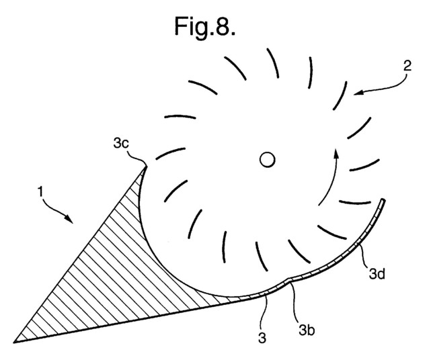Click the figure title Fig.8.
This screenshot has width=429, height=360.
[x=205, y=27]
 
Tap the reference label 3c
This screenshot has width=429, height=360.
[x=120, y=143]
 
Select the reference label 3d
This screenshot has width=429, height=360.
[x=377, y=273]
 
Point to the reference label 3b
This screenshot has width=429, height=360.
[x=307, y=330]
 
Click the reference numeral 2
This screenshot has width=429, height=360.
[x=407, y=66]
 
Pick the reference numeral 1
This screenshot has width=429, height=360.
[x=40, y=191]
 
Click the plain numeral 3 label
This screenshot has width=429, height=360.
[x=262, y=338]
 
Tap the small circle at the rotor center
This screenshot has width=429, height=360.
[x=267, y=160]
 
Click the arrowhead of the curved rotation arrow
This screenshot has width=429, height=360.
[x=336, y=154]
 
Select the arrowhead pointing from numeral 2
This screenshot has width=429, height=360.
[x=358, y=93]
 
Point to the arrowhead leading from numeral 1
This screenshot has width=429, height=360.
[x=69, y=218]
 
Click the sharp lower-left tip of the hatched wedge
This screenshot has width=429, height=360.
[x=13, y=342]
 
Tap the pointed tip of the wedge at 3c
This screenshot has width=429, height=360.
[x=147, y=166]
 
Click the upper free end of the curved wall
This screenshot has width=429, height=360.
[x=383, y=200]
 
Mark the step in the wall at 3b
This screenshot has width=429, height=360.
[x=288, y=279]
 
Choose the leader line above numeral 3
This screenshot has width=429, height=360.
[x=264, y=314]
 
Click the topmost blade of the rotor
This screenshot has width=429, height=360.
[x=273, y=63]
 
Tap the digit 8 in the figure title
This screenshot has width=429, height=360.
[x=222, y=26]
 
